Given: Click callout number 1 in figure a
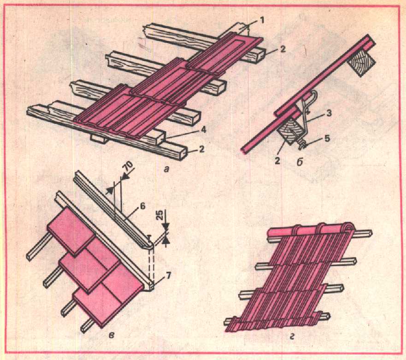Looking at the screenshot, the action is (262, 21).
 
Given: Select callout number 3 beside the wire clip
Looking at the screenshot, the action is (329, 113).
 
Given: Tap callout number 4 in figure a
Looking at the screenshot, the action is (204, 130).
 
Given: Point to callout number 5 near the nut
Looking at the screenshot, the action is (327, 139).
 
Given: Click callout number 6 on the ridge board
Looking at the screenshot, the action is (143, 206).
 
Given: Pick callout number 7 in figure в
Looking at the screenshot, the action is (168, 276).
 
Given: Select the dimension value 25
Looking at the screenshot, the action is (160, 215).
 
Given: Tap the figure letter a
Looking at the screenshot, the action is (166, 169).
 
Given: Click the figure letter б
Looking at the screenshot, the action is (300, 162).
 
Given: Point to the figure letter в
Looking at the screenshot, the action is (112, 336).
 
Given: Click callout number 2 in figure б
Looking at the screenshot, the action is (277, 161).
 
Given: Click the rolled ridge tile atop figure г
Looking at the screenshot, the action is (311, 230).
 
